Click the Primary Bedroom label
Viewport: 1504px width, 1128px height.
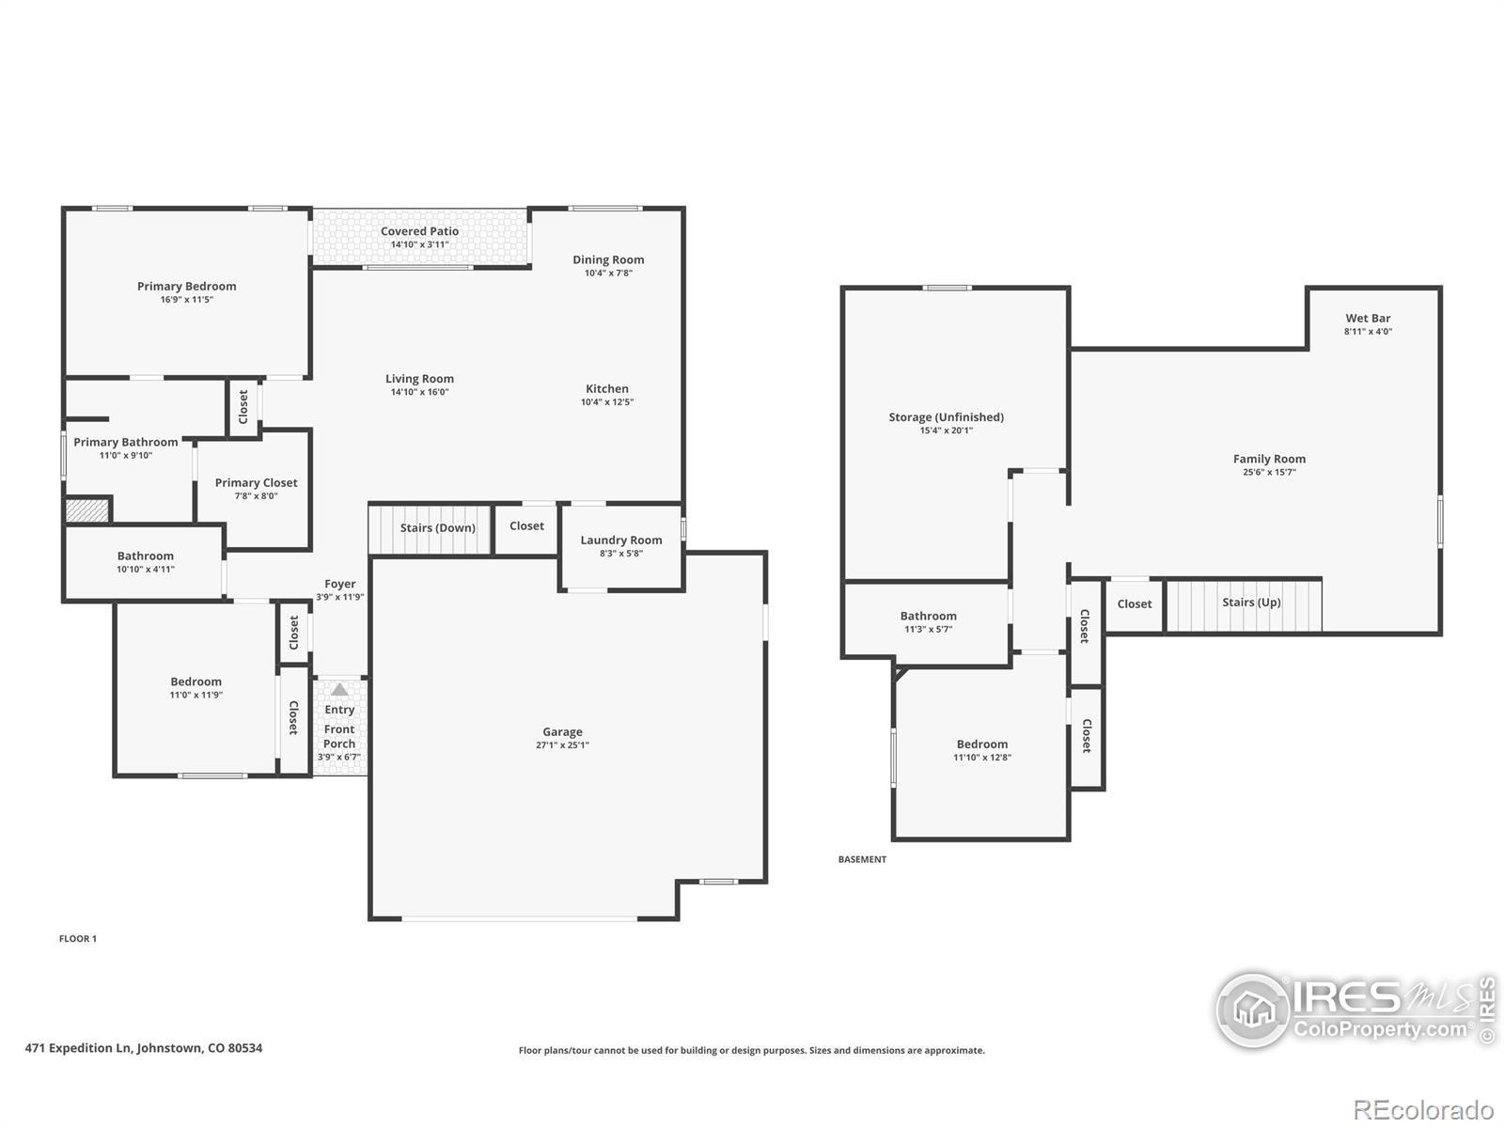(x=186, y=287)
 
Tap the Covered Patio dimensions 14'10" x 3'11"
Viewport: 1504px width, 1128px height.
(x=419, y=244)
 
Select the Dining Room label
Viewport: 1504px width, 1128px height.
(x=608, y=259)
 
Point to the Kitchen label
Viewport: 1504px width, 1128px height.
(x=606, y=388)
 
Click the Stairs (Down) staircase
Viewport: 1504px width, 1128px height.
(x=431, y=528)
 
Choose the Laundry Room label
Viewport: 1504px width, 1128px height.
(x=620, y=540)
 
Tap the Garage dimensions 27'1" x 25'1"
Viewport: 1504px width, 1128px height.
(x=562, y=745)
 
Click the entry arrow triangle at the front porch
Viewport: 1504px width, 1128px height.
(x=339, y=689)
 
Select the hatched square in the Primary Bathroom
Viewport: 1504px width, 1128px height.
(x=87, y=510)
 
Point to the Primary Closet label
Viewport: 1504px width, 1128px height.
(x=257, y=482)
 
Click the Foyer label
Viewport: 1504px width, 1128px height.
(x=340, y=584)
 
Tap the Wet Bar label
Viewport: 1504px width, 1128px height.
(x=1368, y=318)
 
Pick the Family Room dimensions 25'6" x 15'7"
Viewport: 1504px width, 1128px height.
(x=1269, y=472)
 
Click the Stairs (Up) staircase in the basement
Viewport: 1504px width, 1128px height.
(x=1245, y=605)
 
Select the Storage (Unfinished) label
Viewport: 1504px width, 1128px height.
(x=947, y=417)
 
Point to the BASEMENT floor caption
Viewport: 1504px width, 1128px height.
(x=862, y=859)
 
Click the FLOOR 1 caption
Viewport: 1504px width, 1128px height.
(x=77, y=938)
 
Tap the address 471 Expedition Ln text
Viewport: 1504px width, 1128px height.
(x=78, y=1048)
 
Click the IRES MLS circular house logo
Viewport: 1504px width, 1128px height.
(x=1253, y=1010)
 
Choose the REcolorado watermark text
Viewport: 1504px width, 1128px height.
(x=1423, y=1109)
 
